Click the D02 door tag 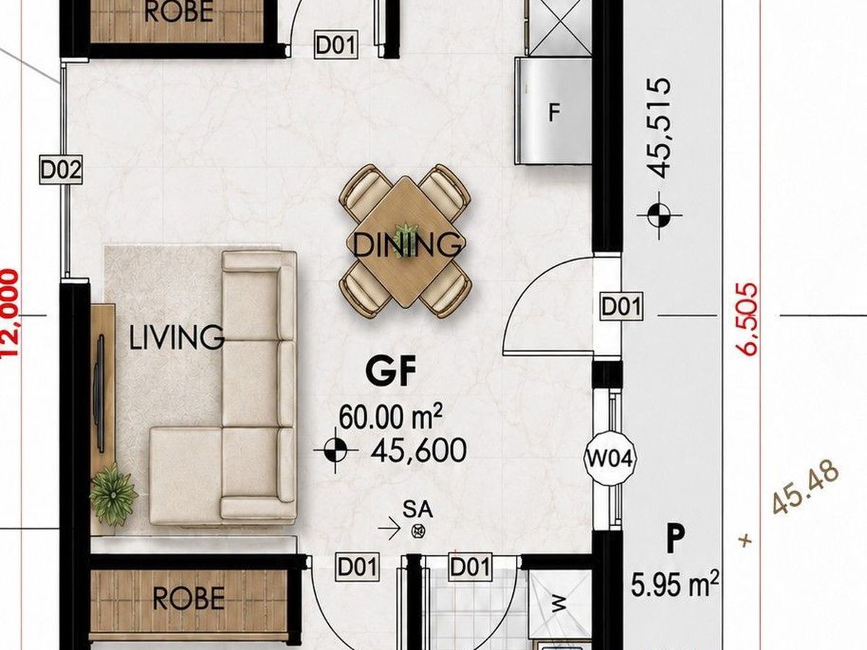click(61, 170)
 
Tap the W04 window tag click(611, 459)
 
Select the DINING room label click(407, 245)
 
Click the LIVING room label click(176, 337)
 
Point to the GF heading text click(391, 370)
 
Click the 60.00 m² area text click(391, 417)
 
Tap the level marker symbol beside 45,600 click(336, 450)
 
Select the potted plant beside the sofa click(113, 495)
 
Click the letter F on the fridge click(555, 113)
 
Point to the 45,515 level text click(659, 128)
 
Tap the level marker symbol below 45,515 click(659, 215)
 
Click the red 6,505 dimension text click(747, 319)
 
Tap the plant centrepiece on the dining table click(405, 237)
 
